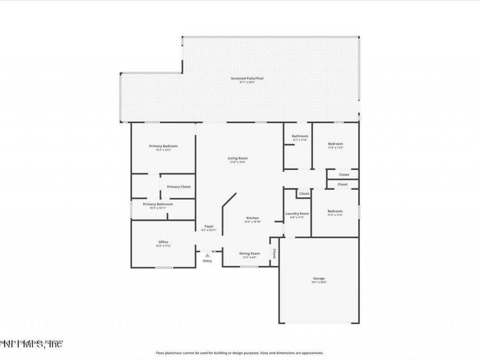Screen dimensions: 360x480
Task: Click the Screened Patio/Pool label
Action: tap(247, 78)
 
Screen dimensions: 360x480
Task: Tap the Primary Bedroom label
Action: tap(163, 146)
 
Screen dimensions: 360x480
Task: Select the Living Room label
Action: tap(238, 158)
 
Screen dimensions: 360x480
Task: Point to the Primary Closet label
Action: tap(178, 187)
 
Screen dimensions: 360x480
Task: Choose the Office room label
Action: tap(163, 242)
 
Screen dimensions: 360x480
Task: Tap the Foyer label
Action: tap(209, 226)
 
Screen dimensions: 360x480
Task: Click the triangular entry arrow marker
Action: tap(207, 255)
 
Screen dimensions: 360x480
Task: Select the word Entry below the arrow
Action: tap(207, 261)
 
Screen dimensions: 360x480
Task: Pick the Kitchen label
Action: tap(252, 218)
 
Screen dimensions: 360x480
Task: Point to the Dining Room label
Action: tap(250, 253)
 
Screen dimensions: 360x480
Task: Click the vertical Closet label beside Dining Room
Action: tap(274, 253)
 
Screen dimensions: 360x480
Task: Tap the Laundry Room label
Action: tap(297, 213)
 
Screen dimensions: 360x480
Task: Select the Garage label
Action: tap(319, 278)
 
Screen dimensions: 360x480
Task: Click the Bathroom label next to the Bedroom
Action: tap(300, 136)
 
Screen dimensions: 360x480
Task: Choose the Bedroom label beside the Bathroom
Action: tap(335, 144)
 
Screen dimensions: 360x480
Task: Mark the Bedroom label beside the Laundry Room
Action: tap(335, 212)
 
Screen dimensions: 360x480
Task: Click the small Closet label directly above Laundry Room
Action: tap(303, 194)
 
